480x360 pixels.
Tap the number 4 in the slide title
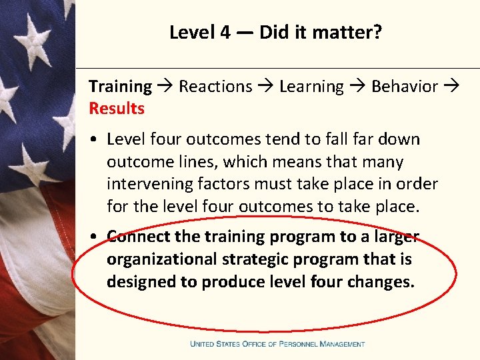click(x=224, y=32)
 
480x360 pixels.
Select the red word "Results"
click(x=117, y=108)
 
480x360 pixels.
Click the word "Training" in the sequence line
click(x=120, y=87)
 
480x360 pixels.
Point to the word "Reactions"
click(x=215, y=87)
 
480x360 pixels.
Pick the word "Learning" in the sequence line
click(x=311, y=87)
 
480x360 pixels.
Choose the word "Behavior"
click(x=405, y=87)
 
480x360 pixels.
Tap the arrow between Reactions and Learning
click(x=266, y=87)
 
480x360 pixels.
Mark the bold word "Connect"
click(x=138, y=237)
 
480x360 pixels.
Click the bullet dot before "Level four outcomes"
click(x=96, y=140)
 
